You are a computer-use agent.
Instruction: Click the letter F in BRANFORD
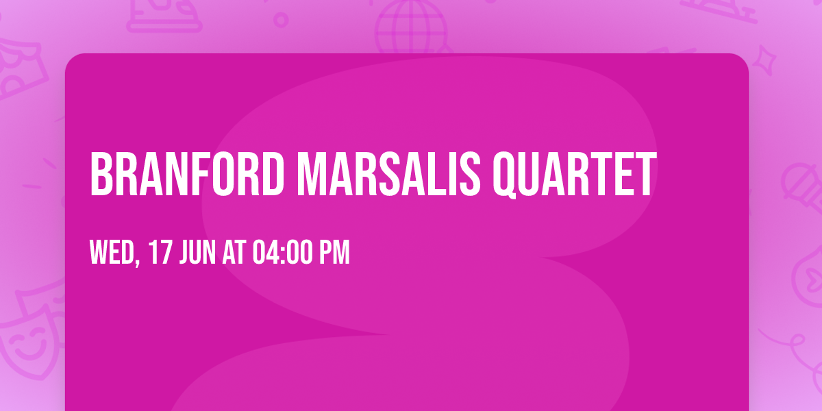[210, 175]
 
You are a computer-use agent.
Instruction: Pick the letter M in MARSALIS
[312, 175]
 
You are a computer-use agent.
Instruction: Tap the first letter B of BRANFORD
[101, 175]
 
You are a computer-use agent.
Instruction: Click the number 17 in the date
[160, 253]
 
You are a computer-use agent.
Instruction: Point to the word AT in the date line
[234, 253]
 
